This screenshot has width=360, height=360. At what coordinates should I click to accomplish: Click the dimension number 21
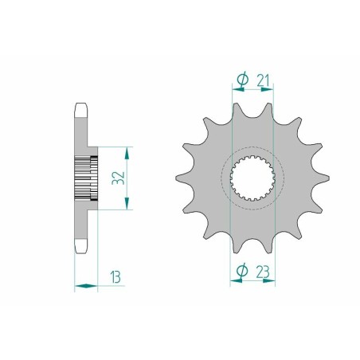(263, 80)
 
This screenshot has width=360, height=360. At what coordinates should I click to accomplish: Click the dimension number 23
(263, 272)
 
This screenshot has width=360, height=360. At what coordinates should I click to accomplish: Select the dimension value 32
(118, 178)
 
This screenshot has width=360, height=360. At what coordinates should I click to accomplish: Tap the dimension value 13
(115, 277)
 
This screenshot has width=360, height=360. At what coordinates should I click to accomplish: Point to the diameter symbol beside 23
(242, 271)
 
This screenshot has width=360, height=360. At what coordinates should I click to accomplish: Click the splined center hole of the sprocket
(252, 178)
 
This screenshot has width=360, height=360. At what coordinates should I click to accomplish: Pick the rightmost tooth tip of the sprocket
(329, 178)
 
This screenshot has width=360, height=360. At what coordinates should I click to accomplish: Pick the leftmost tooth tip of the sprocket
(176, 178)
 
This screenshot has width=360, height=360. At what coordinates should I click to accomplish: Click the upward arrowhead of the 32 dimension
(127, 153)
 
